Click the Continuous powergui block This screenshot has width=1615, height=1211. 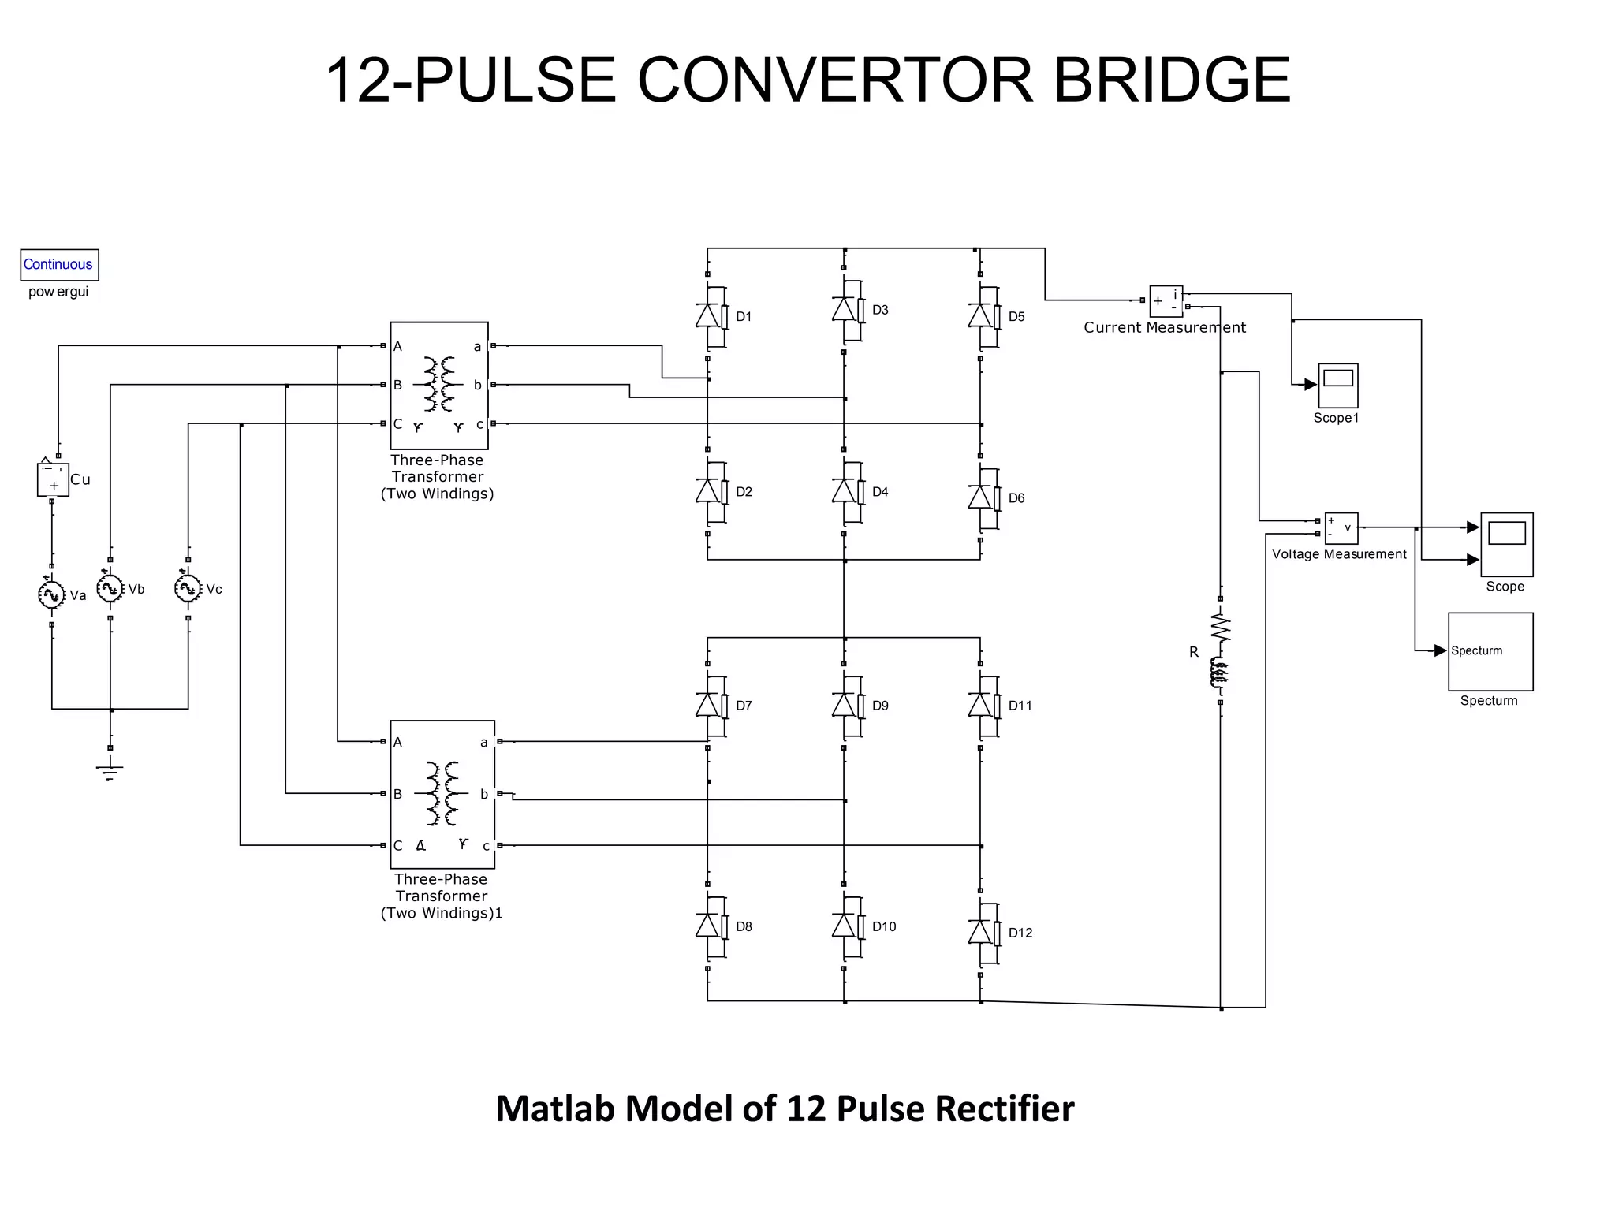[x=59, y=265]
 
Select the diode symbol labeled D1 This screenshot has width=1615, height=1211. [x=708, y=316]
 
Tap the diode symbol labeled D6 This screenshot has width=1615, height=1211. [x=980, y=497]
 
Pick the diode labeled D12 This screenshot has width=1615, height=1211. [x=980, y=932]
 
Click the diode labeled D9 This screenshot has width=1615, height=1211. [x=844, y=705]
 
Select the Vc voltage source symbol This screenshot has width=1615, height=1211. [x=188, y=588]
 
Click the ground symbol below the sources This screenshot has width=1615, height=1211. [x=110, y=769]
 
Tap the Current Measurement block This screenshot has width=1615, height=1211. [x=1166, y=301]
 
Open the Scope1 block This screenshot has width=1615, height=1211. [x=1337, y=386]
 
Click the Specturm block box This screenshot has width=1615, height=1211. [x=1490, y=651]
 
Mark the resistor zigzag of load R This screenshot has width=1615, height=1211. [x=1221, y=628]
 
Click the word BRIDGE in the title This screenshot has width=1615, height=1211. [x=1172, y=80]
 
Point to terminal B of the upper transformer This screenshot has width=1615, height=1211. [x=397, y=385]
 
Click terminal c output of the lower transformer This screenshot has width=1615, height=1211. [x=487, y=846]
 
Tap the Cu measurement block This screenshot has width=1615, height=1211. [x=53, y=479]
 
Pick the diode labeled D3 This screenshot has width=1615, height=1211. [x=844, y=310]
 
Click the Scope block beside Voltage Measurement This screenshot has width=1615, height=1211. [x=1506, y=544]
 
